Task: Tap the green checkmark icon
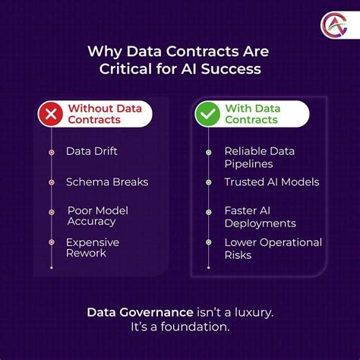pyautogui.click(x=208, y=115)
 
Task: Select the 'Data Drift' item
pyautogui.click(x=92, y=151)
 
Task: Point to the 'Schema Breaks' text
pyautogui.click(x=107, y=182)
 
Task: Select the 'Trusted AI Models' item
pyautogui.click(x=271, y=182)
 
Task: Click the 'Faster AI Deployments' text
pyautogui.click(x=261, y=216)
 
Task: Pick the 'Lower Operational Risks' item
pyautogui.click(x=273, y=249)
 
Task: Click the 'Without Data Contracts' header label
pyautogui.click(x=104, y=115)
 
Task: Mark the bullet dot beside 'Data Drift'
pyautogui.click(x=52, y=152)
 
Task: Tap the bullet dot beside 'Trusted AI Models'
pyautogui.click(x=208, y=182)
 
